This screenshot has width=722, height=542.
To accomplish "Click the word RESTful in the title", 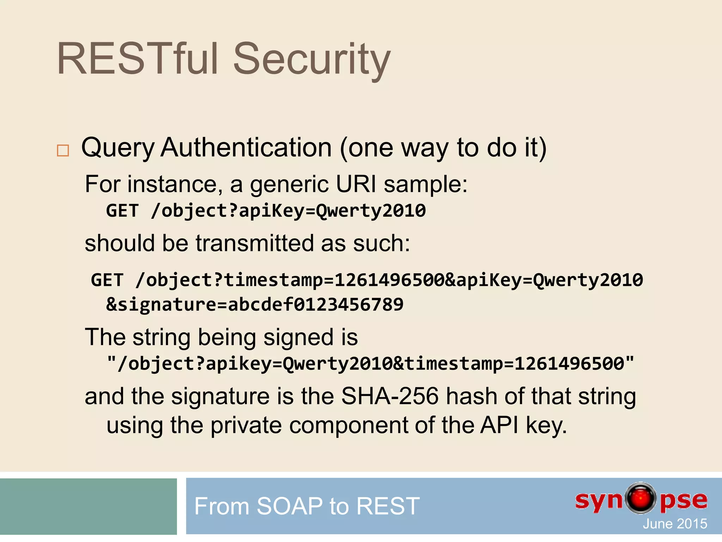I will (137, 59).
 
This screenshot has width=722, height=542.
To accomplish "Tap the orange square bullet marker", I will (63, 151).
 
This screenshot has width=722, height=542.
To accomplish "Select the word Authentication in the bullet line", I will (246, 147).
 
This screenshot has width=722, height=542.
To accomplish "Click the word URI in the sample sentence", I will (356, 184).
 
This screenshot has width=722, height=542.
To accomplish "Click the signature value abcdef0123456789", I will (316, 305).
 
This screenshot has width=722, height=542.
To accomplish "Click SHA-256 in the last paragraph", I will (390, 396).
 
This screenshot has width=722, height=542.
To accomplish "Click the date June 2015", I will (674, 524).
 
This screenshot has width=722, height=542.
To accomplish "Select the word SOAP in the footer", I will (289, 506).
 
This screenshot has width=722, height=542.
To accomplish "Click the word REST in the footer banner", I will (388, 506).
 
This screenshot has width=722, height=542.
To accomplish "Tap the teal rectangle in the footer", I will (88, 506).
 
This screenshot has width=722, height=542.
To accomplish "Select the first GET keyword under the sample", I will (122, 211).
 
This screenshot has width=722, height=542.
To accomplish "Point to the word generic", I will (289, 185).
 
